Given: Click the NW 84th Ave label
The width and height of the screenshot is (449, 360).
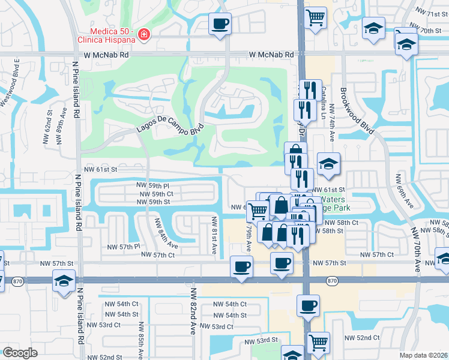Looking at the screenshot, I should [166, 233].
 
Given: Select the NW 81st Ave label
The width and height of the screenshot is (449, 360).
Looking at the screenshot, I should [214, 235].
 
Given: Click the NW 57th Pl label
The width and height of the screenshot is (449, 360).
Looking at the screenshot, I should [123, 247].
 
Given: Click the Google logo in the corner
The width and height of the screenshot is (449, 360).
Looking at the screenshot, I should [20, 352].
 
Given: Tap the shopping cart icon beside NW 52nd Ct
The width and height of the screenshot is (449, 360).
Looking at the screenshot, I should [318, 343].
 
